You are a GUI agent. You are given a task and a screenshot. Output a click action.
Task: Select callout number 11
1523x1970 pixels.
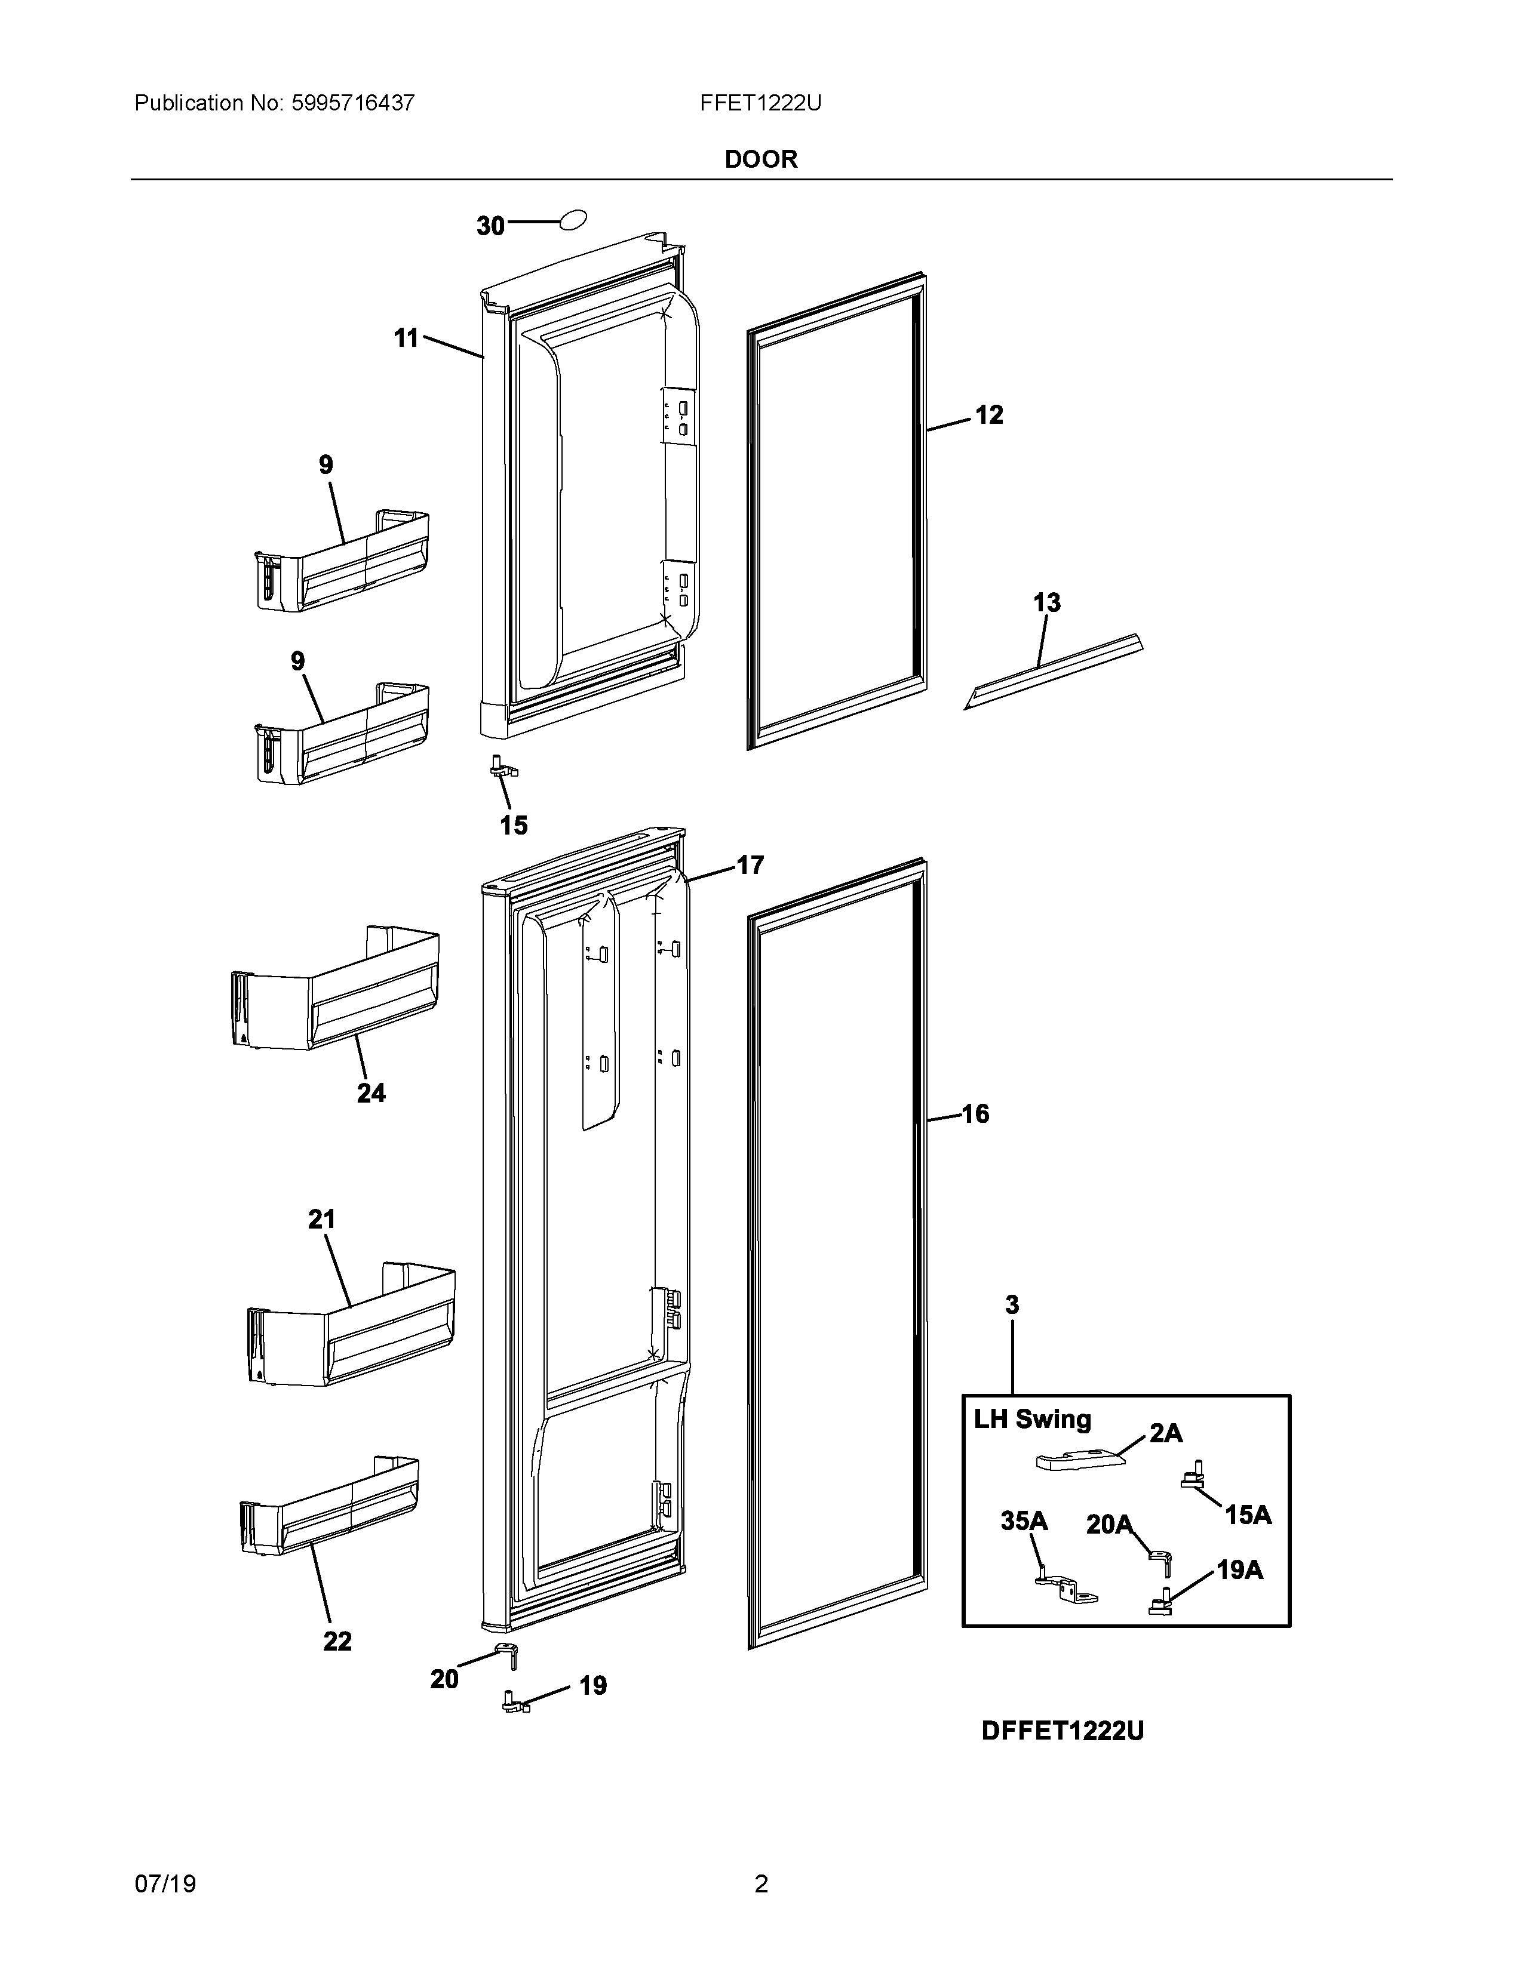point(406,338)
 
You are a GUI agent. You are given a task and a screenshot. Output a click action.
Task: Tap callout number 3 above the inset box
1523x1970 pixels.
point(1012,1304)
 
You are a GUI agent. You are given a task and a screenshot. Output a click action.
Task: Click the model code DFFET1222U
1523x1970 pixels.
point(1062,1731)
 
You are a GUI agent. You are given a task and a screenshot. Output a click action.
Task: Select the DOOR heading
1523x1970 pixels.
point(760,159)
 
